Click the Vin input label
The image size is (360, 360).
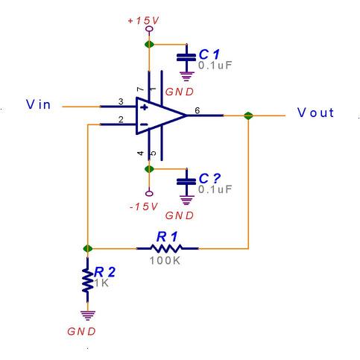[x=38, y=104]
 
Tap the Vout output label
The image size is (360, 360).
[x=315, y=113]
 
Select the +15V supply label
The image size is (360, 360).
[x=143, y=21]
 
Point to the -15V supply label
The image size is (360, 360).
[x=144, y=206]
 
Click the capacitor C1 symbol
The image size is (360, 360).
[x=186, y=57]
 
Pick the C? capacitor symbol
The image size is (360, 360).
[x=186, y=182]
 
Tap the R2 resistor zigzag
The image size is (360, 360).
[x=87, y=280]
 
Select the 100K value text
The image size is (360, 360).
[x=165, y=261]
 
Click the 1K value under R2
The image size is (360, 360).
[x=101, y=282]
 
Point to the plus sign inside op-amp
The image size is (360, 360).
[x=144, y=107]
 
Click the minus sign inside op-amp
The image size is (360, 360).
[x=144, y=124]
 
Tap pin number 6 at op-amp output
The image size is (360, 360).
[x=197, y=110]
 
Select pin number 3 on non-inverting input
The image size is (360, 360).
[x=121, y=101]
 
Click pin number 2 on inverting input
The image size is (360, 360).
[x=121, y=119]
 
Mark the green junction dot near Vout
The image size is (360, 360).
[x=248, y=116]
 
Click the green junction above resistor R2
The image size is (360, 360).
[x=87, y=248]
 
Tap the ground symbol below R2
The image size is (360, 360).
[x=88, y=315]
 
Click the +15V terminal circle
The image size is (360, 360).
[x=149, y=29]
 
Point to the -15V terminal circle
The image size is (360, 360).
[x=149, y=194]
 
